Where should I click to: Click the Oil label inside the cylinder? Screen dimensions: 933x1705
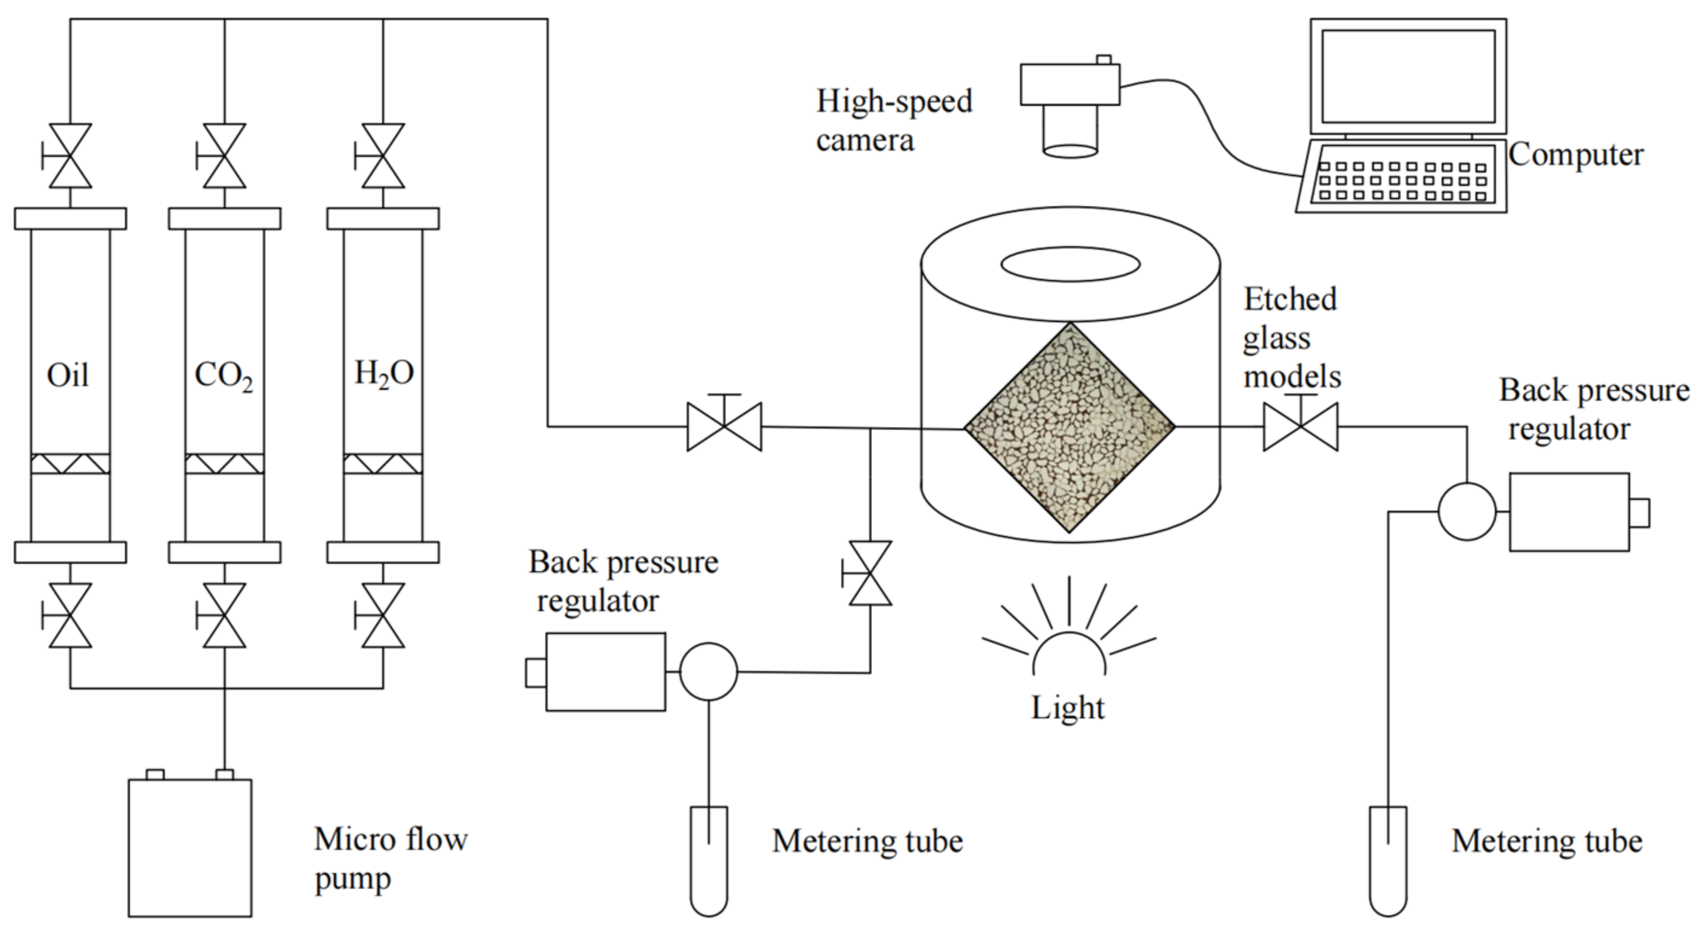tap(68, 375)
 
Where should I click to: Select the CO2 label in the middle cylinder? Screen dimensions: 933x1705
tap(223, 376)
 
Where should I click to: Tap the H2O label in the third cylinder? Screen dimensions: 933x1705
tap(384, 373)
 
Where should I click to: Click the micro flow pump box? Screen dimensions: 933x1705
tap(190, 848)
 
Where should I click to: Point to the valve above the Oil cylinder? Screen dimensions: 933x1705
tap(70, 156)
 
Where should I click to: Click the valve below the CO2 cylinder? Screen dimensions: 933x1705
tap(225, 615)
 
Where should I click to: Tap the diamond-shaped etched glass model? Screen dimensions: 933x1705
tap(1069, 428)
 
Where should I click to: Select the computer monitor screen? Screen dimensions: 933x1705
tap(1408, 77)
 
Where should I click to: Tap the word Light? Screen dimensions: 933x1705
tap(1068, 708)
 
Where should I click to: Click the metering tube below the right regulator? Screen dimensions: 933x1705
tap(1388, 860)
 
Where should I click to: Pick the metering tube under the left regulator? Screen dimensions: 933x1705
tap(709, 860)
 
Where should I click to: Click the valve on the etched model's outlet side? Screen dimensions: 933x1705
tap(1300, 427)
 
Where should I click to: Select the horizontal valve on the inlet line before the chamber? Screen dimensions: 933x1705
tap(724, 427)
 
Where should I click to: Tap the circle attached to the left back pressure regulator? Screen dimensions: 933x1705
tap(708, 672)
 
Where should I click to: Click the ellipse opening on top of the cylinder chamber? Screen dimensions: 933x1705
tap(1070, 265)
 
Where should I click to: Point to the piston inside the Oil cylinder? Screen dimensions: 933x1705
tap(70, 463)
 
